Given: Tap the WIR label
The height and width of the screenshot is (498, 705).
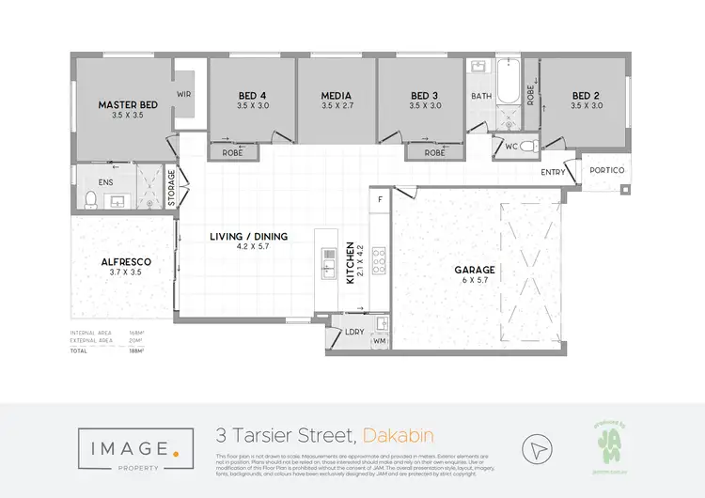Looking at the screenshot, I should click(184, 95).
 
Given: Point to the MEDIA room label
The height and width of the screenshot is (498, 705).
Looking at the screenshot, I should click(337, 95).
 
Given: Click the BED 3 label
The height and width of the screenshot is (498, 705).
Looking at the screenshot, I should click(425, 95).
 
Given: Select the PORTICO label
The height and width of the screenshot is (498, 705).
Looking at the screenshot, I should click(607, 170).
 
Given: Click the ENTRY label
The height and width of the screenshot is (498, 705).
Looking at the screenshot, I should click(554, 173).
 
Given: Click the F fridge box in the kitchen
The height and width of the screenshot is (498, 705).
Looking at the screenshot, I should click(381, 199).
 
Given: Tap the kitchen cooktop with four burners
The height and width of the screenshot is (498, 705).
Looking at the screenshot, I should click(381, 259).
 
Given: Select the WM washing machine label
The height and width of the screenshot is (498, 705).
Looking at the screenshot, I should click(380, 341).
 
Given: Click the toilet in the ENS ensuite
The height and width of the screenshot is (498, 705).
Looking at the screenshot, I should click(91, 199).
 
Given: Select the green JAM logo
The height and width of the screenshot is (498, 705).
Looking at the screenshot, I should click(609, 443).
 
